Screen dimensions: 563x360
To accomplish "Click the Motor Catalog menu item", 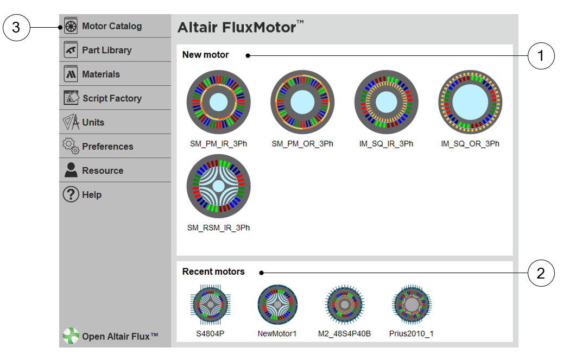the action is click(x=112, y=26).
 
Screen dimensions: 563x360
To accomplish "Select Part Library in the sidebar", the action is click(x=106, y=50).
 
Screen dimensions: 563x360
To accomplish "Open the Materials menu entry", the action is click(x=101, y=74).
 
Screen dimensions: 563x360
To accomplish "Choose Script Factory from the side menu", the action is click(x=112, y=98).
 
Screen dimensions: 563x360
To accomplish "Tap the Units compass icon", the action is click(x=71, y=122).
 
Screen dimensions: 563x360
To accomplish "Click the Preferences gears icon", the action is click(x=71, y=146).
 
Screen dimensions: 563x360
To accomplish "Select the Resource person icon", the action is click(x=71, y=170).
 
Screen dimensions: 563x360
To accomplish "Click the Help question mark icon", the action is click(x=71, y=194).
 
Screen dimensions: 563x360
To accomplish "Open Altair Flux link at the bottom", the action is click(x=111, y=336).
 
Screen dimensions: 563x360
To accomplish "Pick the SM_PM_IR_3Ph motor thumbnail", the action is click(x=218, y=102).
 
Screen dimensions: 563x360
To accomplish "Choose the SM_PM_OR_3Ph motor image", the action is click(x=302, y=102).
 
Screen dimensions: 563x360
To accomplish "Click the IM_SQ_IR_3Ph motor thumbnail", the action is click(x=387, y=102).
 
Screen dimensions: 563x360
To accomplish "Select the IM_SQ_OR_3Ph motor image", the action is click(x=470, y=102).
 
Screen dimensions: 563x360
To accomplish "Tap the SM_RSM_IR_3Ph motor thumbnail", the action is click(x=218, y=186).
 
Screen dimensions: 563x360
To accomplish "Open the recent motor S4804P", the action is click(x=211, y=305).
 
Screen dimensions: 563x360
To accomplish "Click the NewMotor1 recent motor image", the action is click(x=277, y=305).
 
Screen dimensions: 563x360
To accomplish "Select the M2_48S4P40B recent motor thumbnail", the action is click(x=345, y=305).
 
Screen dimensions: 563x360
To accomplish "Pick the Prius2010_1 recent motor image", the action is click(x=412, y=305).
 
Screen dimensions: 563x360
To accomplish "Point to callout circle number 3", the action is click(x=16, y=28).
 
